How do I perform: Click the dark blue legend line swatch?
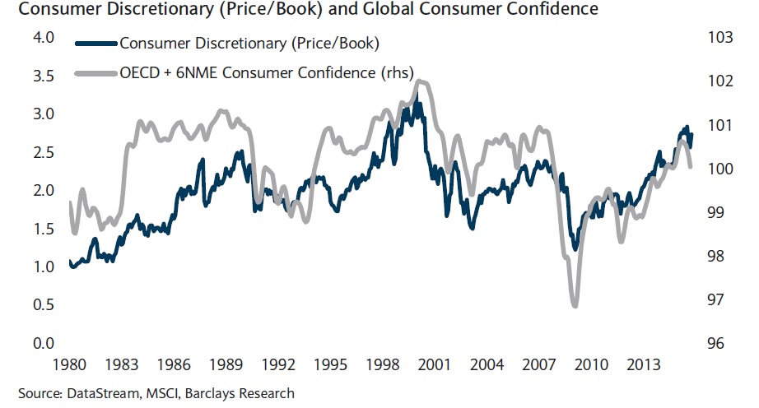click(x=95, y=43)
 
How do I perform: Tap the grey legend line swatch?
click(x=95, y=72)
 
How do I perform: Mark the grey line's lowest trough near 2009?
click(x=575, y=306)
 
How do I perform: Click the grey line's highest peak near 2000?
click(x=419, y=81)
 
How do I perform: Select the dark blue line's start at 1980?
click(x=70, y=262)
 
